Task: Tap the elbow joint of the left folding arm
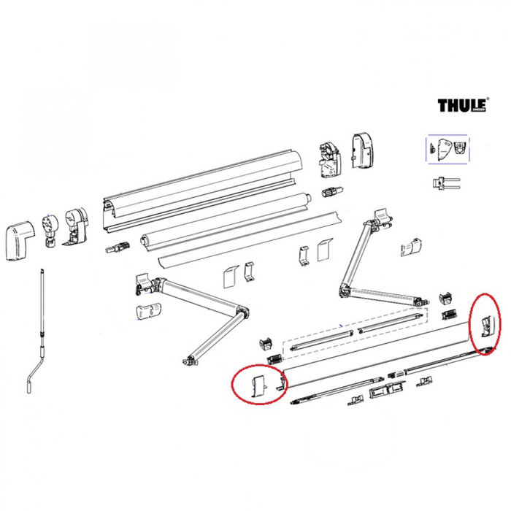click(242, 315)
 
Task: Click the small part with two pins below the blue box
click(442, 182)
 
